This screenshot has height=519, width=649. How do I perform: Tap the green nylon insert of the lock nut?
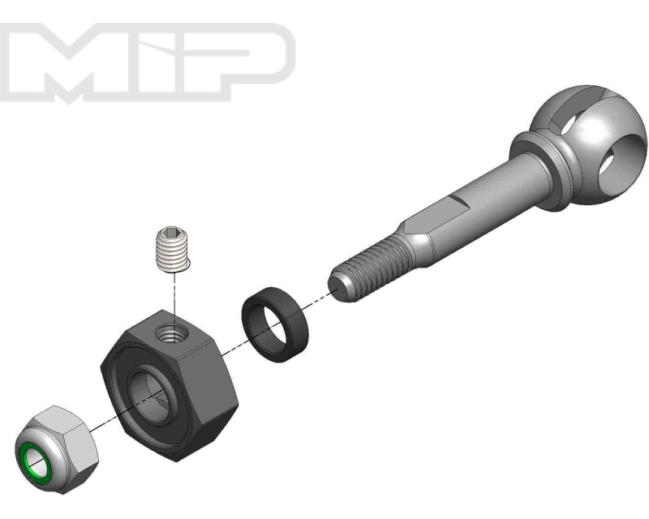(x=37, y=460)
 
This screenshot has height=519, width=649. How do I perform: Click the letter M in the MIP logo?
(x=77, y=61)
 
